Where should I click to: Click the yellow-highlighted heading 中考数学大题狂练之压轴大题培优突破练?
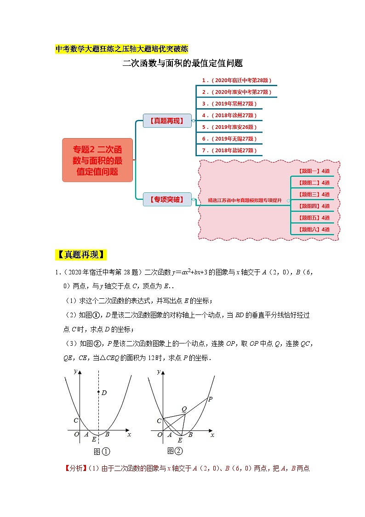click(121, 49)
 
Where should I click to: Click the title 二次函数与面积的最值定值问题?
click(182, 64)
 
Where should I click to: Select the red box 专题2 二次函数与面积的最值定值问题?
click(97, 160)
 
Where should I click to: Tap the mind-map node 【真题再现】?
click(167, 121)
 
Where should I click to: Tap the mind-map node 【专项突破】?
click(167, 199)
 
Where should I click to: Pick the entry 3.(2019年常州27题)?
click(229, 104)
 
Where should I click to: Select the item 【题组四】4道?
click(314, 206)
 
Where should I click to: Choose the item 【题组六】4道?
click(314, 229)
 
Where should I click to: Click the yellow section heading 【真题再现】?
click(81, 255)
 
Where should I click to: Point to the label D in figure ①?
click(104, 393)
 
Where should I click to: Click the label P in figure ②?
click(210, 399)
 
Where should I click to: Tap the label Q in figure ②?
click(184, 409)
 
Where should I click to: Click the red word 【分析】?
click(76, 469)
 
